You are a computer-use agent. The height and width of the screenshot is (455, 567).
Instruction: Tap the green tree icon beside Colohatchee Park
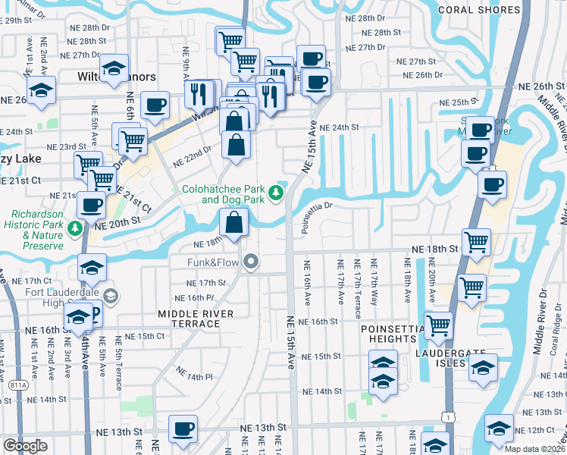coord(277,194)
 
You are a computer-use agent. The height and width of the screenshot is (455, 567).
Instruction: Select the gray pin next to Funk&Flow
coord(252,263)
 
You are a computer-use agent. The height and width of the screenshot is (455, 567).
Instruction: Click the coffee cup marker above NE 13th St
coord(182,428)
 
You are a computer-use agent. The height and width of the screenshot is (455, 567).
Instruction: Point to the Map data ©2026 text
coord(534,449)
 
